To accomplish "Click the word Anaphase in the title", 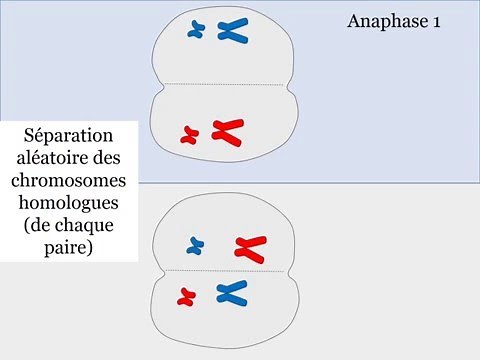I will [x=384, y=21].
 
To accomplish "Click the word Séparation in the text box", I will [x=69, y=135].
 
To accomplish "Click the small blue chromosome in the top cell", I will [x=197, y=31].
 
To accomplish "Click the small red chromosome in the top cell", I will [x=190, y=133].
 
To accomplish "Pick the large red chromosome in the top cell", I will [x=227, y=130].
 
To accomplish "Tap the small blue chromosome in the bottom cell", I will [x=196, y=245].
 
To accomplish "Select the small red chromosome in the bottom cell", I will [x=185, y=296].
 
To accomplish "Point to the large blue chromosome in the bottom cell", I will [x=231, y=293].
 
